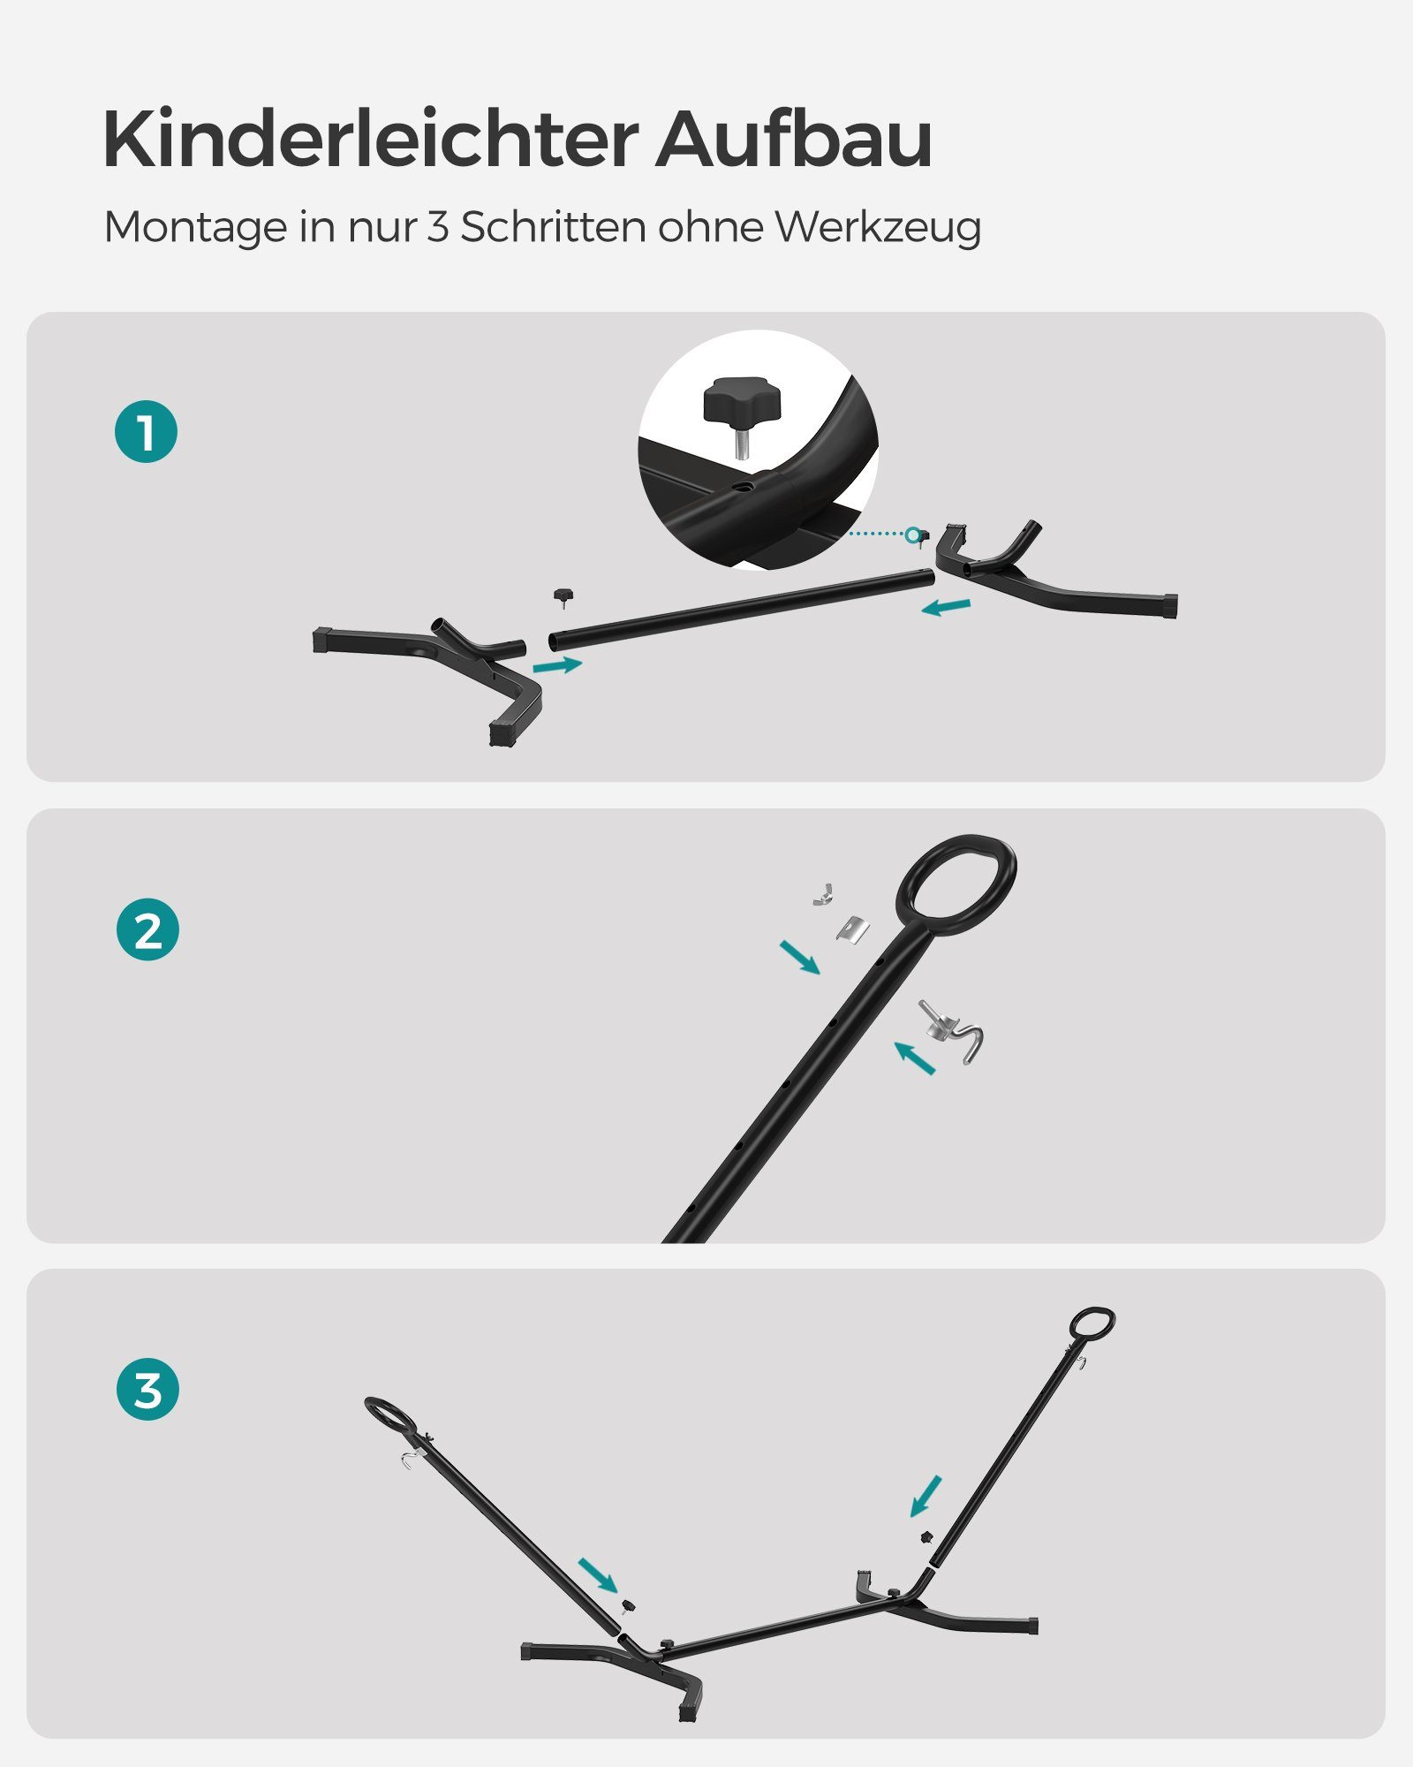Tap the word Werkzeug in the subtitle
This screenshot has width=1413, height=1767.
(x=878, y=228)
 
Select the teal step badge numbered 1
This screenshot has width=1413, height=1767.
(x=147, y=432)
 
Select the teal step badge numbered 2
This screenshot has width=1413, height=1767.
(x=147, y=929)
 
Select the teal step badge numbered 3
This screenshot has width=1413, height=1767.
(x=147, y=1389)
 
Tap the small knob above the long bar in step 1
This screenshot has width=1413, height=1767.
(x=563, y=596)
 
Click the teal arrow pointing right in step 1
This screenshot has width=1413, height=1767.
(x=558, y=664)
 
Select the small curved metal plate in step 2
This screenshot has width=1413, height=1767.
(x=853, y=928)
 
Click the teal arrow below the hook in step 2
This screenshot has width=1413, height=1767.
(x=914, y=1057)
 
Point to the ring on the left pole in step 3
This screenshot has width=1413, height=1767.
(x=389, y=1414)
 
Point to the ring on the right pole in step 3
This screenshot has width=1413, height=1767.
(x=1092, y=1323)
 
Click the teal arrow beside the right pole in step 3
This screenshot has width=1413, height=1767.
(x=926, y=1495)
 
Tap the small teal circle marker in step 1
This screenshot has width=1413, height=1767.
(x=912, y=534)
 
